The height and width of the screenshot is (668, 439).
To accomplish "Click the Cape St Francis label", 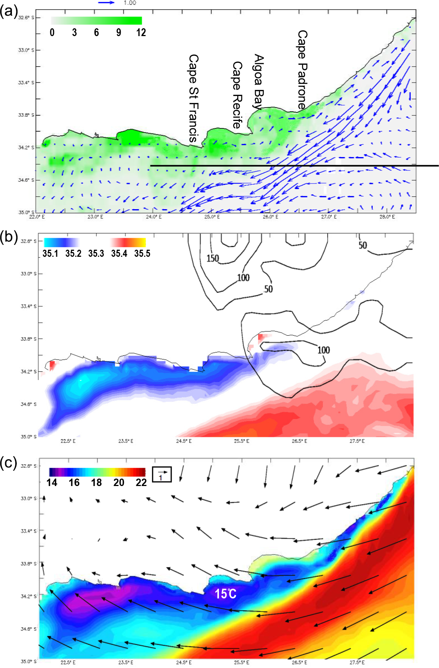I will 194,98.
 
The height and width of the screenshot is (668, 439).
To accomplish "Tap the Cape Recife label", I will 237,95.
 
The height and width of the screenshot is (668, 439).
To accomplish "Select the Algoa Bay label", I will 259,81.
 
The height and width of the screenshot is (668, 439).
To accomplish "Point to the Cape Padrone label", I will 302,70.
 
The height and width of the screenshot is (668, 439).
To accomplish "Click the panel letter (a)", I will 9,12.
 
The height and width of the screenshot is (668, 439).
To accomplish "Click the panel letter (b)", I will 9,237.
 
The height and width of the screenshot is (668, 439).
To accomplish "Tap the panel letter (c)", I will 9,463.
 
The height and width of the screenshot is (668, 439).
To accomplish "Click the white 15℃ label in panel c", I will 226,594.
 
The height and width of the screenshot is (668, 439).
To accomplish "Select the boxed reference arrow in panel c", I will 162,474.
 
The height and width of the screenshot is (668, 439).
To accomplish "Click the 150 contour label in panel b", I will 213,258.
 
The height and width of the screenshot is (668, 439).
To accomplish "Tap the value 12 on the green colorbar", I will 141,33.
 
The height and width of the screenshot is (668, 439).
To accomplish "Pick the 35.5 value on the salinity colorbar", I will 142,253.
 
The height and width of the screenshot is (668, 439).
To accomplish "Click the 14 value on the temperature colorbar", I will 52,483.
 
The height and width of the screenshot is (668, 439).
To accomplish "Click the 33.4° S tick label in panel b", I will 28,306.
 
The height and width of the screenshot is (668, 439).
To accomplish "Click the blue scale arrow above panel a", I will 106,3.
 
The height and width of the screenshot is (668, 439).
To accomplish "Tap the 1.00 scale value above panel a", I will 130,3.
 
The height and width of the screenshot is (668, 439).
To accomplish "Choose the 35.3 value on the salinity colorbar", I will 96,253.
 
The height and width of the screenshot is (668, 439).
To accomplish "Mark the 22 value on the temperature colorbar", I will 141,483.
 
